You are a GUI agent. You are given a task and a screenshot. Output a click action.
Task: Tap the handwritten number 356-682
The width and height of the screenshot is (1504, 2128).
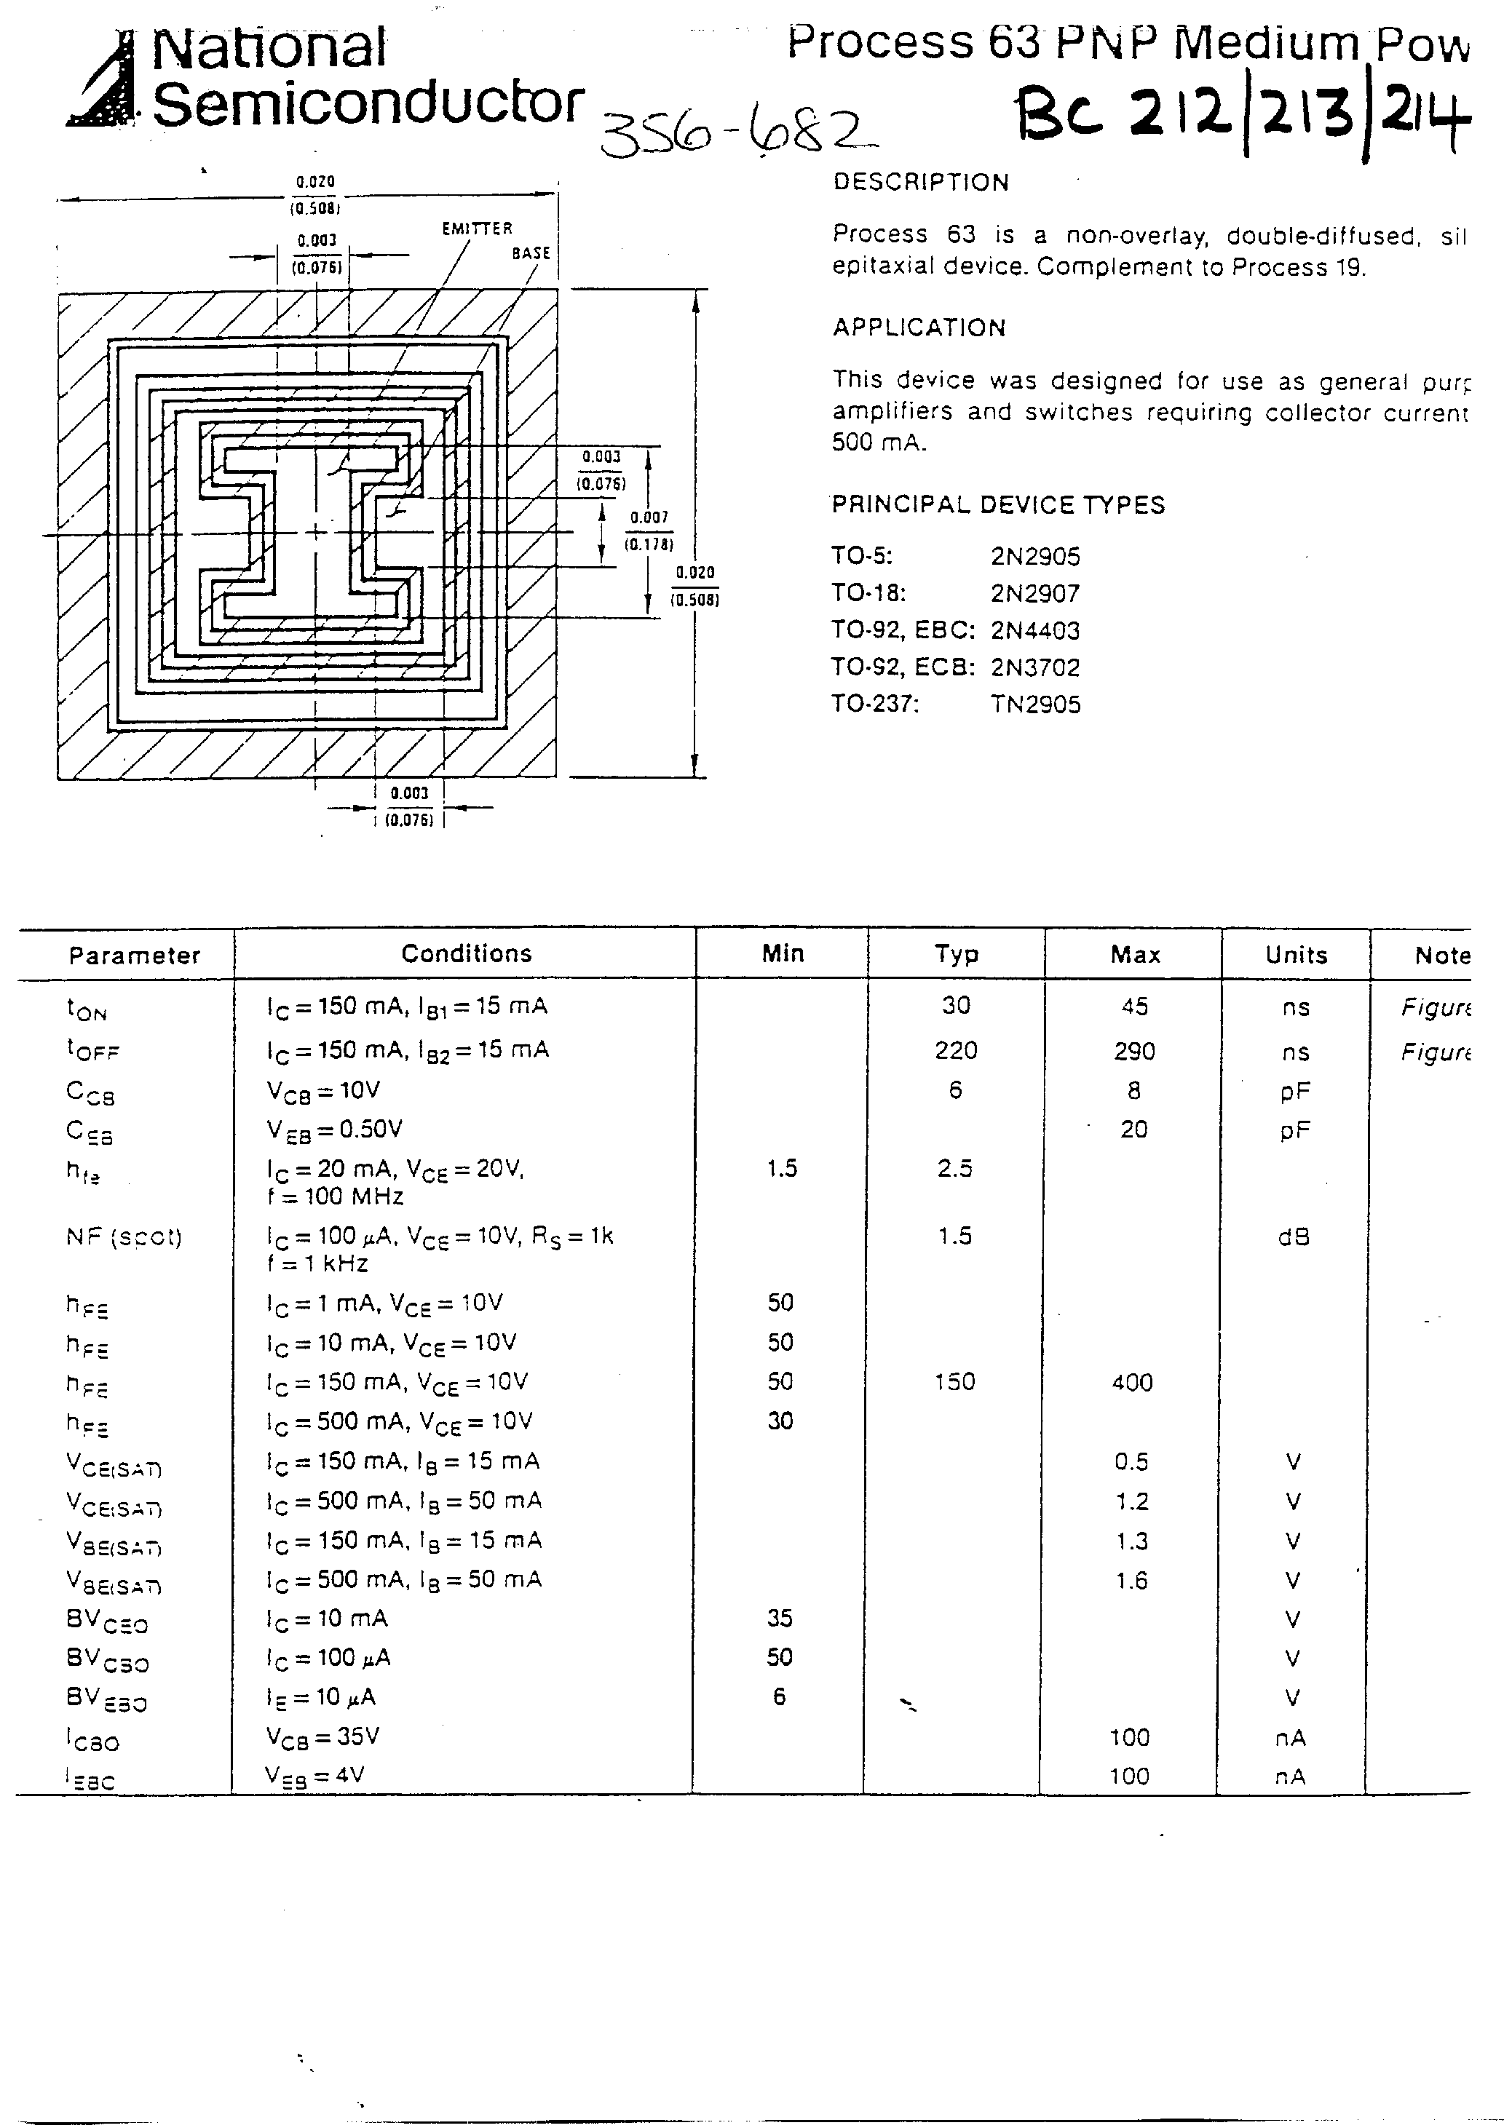pos(737,132)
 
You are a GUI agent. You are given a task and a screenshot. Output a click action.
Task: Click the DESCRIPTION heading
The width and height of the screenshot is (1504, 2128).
pos(921,182)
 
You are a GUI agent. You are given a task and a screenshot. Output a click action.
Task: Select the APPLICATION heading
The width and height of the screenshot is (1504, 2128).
pos(919,327)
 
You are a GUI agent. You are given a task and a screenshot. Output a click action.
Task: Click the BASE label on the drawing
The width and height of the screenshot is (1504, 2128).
pos(531,252)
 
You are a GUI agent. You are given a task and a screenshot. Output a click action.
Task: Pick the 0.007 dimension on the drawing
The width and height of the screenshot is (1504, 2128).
pos(649,517)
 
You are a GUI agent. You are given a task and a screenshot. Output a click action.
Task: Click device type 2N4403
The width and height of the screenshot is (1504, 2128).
pos(1034,630)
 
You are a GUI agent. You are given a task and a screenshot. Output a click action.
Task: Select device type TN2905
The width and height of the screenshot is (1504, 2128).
pos(1034,704)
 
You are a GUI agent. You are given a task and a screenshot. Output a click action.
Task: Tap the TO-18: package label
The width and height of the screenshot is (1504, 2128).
pos(868,593)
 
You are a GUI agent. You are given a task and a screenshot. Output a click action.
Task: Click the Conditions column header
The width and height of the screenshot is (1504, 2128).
pos(467,953)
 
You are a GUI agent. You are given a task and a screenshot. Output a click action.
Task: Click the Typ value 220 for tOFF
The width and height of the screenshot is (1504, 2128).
pos(956,1050)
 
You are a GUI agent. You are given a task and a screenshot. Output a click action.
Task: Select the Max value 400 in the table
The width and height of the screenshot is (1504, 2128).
pos(1132,1383)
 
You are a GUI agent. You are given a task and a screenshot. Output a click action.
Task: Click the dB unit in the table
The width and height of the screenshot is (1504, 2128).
pos(1294,1237)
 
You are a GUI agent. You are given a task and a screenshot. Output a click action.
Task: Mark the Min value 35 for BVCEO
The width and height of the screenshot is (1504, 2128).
pos(780,1619)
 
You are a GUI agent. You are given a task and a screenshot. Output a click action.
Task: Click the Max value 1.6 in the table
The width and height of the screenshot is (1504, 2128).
pos(1132,1580)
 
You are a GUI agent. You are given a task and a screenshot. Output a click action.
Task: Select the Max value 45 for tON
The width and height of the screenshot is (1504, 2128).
pos(1135,1007)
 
